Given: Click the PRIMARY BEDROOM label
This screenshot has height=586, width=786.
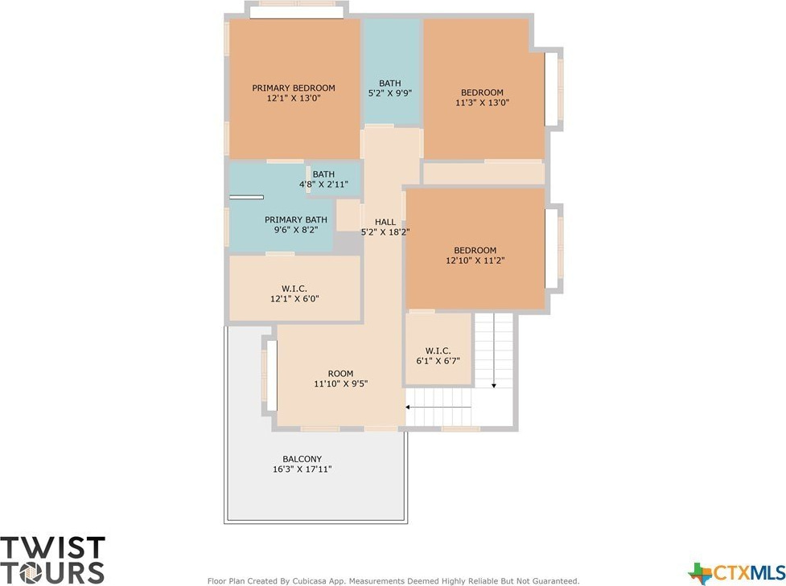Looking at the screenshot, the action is coord(294,88).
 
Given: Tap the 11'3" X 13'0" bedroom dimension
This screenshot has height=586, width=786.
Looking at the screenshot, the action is coord(482,103).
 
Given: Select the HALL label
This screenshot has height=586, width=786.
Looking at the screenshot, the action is coord(385,222).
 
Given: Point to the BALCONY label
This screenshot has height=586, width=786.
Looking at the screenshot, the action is coord(302,459).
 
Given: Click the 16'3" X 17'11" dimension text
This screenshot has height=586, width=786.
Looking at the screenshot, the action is coord(302,469).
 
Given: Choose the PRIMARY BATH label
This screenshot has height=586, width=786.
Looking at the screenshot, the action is coord(296,220).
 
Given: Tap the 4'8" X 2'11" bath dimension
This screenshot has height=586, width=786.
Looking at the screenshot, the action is coord(323,185).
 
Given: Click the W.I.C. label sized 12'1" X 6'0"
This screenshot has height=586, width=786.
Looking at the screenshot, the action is coord(294,289).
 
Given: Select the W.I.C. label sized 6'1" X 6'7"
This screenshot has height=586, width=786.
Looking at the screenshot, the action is coord(438,350).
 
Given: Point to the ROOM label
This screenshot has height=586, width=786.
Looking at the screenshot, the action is coord(340,374).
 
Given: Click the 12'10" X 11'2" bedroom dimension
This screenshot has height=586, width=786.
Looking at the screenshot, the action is coord(475,260).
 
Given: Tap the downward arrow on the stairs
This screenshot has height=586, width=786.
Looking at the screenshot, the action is coord(494,350).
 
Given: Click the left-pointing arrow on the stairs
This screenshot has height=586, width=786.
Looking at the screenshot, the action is coord(438,408).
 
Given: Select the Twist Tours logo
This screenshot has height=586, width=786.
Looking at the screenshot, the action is coord(52,560).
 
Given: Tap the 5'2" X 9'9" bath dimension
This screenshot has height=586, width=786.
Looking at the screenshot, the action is coord(390,93).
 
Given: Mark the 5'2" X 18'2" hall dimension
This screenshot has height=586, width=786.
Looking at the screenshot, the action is coord(385,232).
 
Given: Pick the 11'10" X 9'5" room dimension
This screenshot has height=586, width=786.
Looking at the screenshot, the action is coord(341,384).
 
